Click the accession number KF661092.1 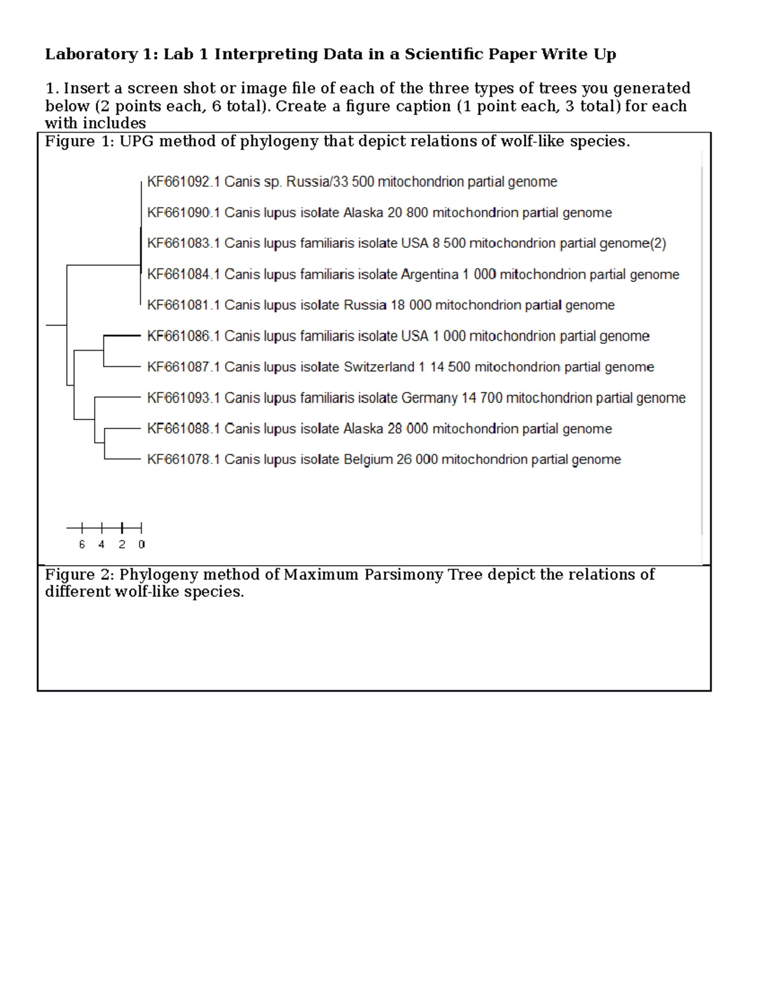(x=183, y=182)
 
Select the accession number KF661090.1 (x=183, y=213)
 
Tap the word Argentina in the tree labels (x=430, y=275)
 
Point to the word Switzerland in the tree (x=379, y=367)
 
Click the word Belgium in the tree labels (x=368, y=459)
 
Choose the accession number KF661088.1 (x=183, y=429)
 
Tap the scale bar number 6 (x=82, y=545)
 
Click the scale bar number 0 (x=141, y=545)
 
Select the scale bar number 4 (x=102, y=545)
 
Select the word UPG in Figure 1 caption (x=137, y=142)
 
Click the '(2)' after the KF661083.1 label (x=658, y=243)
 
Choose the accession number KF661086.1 (x=183, y=336)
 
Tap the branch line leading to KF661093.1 (x=118, y=397)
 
